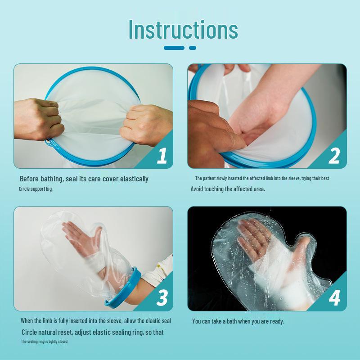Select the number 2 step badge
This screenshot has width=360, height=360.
click(334, 156)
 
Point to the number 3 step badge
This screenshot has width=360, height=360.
click(162, 298)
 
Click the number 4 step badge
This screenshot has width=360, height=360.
click(334, 298)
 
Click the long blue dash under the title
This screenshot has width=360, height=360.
click(174, 48)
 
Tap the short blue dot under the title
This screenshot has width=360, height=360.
click(193, 48)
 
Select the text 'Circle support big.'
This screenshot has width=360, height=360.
click(36, 189)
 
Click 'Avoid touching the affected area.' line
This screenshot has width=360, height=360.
click(228, 189)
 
